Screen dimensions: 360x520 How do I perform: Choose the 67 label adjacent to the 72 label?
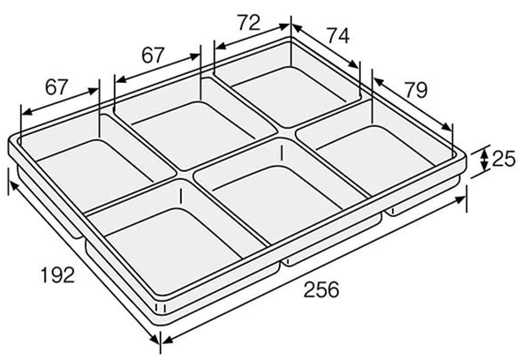point(153,55)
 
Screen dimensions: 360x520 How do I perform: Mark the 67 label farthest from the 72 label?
point(57,86)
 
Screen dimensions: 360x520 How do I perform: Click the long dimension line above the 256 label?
point(314,272)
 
